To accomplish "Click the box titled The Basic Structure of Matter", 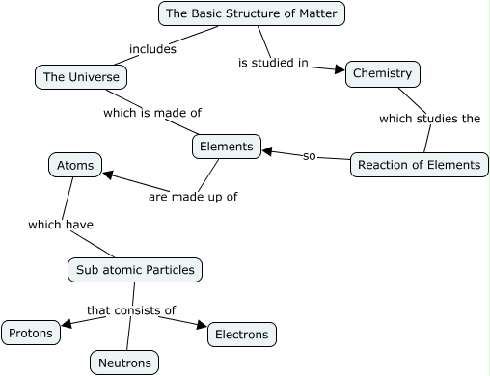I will point(251,13).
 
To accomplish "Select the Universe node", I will point(81,76).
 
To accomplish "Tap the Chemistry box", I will point(382,73).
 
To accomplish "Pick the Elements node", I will point(227,147).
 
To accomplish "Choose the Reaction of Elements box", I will point(418,164).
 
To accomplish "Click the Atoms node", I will point(75,165).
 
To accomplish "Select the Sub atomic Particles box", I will point(135,269).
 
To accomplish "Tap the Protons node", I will point(30,333).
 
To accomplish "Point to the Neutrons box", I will point(123,363).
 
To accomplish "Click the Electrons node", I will point(241,334).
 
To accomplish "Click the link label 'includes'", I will point(152,49).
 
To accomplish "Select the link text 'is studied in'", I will point(273,63).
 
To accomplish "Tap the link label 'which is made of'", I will point(152,113).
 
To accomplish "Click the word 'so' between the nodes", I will point(310,155).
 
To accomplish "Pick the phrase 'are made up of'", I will point(193,197).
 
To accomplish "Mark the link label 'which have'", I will point(61,225).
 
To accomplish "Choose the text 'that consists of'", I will point(131,310).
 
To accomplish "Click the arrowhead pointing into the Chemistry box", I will point(339,68).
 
